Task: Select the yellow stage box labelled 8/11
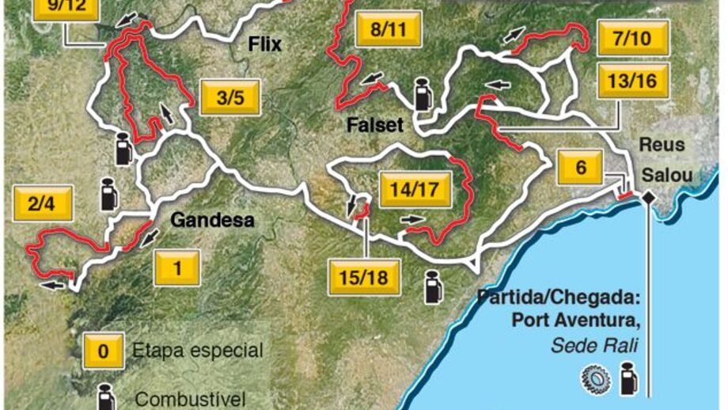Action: coord(388,32)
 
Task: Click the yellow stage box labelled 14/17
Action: coord(415,190)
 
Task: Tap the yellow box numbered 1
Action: coord(176,268)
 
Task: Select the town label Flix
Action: coord(264,45)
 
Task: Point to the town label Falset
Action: coord(375,124)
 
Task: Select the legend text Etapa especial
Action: coord(198,350)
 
